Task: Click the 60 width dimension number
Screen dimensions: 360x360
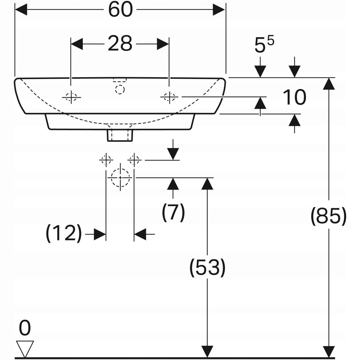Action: coord(121,10)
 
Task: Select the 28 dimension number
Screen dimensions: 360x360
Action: coord(120,44)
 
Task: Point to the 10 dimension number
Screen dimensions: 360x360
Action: coord(295,97)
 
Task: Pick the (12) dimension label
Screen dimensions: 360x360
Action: coord(64,233)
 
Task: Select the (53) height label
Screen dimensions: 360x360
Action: coord(207,268)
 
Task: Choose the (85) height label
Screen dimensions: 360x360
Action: coord(328,216)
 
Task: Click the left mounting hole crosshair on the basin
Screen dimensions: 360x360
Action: coord(71,97)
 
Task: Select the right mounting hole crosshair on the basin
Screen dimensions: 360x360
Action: coord(169,97)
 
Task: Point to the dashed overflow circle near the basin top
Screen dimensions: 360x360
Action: coord(120,89)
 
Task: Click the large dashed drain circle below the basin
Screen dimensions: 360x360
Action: coord(120,178)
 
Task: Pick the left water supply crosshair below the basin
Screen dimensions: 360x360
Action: coord(106,160)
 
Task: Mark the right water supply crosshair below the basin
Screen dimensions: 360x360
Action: coord(134,160)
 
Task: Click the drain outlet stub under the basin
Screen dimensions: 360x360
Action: coord(120,135)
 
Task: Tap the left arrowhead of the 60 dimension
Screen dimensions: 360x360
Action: coord(21,9)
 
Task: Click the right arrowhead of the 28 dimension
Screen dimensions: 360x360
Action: coord(163,44)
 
